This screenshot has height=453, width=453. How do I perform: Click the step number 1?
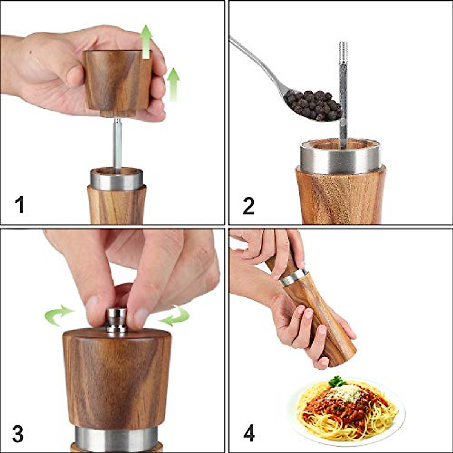[x=20, y=205]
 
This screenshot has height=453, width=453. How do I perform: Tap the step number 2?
[x=248, y=206]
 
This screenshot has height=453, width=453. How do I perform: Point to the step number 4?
[x=249, y=433]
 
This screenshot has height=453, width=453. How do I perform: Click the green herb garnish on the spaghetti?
[x=336, y=382]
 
